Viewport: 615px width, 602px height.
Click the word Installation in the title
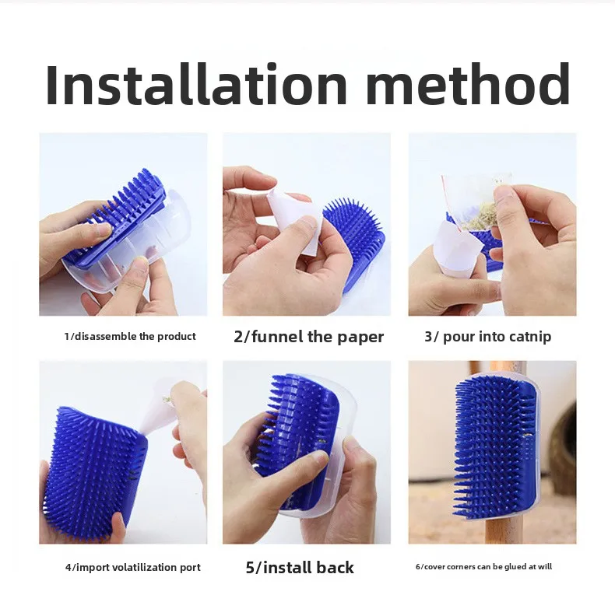coord(196,84)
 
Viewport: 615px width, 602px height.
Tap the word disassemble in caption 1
coord(106,336)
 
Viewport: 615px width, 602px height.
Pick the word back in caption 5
coord(335,568)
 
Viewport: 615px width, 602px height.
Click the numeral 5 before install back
coord(250,568)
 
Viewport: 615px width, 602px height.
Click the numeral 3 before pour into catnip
coord(428,337)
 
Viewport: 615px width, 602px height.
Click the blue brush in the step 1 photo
coord(118,219)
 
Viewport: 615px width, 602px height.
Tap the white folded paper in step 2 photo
coord(294,222)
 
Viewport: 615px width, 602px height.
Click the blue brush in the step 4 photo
coord(94,474)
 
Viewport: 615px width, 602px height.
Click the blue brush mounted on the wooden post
coord(495,446)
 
